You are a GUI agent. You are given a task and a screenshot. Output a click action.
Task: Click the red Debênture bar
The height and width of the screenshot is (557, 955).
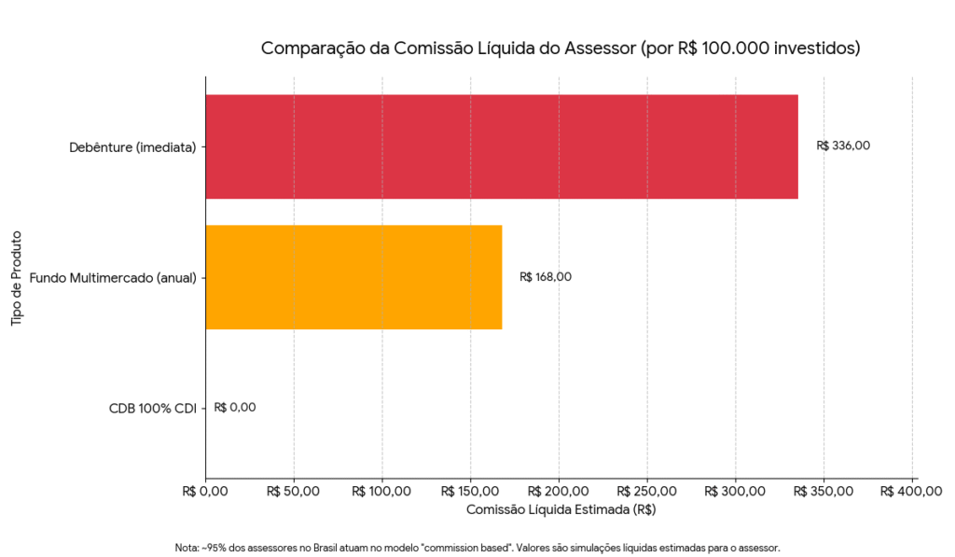point(502,146)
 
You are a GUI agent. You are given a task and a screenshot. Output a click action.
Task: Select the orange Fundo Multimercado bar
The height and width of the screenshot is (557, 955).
point(353,277)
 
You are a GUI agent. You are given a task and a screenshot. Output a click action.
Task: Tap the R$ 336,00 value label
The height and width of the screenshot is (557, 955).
point(843,146)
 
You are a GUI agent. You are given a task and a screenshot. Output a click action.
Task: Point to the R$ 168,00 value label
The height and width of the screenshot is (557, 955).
point(546,276)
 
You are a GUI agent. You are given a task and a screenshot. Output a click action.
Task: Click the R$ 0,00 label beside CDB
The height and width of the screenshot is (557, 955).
point(235,407)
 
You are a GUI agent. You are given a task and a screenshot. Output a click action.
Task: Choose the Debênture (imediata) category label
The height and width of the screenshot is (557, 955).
point(132,146)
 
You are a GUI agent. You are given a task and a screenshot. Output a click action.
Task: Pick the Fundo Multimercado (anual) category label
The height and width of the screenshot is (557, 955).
point(113,277)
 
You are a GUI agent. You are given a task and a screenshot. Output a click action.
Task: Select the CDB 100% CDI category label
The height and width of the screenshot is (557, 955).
point(150,408)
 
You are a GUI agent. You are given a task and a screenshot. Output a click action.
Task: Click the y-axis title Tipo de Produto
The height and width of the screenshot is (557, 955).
point(17,277)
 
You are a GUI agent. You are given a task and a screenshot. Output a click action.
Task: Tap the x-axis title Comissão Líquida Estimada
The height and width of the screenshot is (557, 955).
point(561,509)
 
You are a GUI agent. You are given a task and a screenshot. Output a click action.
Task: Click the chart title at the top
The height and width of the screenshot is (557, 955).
point(561,48)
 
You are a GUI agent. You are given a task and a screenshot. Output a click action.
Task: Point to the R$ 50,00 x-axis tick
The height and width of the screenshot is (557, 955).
point(294,491)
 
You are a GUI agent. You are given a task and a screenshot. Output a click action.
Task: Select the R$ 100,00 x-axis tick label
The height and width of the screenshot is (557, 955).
point(382,491)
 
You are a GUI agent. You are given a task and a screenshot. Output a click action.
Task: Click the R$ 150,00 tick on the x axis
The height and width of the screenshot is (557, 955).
point(471,491)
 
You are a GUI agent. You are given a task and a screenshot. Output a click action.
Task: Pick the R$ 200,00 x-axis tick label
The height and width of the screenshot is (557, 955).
point(560,491)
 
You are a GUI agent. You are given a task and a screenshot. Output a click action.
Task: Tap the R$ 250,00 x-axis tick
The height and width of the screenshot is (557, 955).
point(647,491)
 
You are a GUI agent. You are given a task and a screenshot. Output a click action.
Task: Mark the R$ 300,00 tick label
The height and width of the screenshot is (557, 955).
point(736,491)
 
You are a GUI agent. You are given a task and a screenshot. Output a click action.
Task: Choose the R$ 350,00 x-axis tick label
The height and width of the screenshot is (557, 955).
point(824,491)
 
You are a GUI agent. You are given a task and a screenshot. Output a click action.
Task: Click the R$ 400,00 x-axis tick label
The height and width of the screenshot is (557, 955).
point(913,491)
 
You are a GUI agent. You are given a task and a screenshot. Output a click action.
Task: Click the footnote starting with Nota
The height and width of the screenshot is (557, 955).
point(477,548)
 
